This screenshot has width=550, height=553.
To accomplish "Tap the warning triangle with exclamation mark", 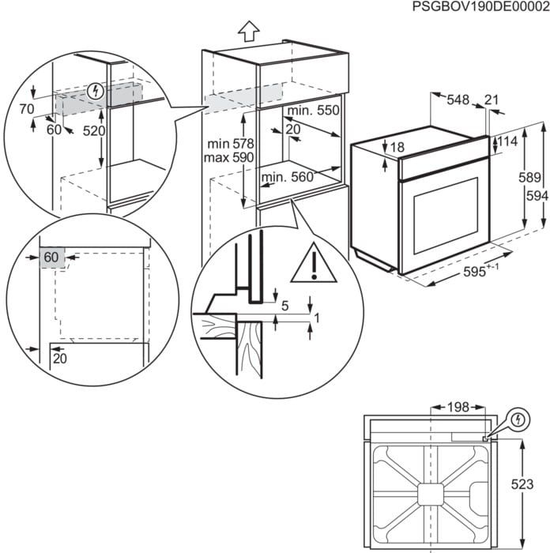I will pos(314,264).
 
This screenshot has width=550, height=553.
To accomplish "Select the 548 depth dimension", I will pos(458,100).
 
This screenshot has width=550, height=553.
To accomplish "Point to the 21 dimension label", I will pos(492,100).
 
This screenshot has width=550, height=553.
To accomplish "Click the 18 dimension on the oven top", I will pos(397,148).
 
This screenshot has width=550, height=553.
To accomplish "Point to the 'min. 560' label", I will pos(288,178).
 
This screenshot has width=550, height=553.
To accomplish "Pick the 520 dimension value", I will pos(93,131).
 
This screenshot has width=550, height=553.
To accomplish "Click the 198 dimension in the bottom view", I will pos(458,408).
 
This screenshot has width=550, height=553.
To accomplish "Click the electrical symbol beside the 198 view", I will pos(518,418).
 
